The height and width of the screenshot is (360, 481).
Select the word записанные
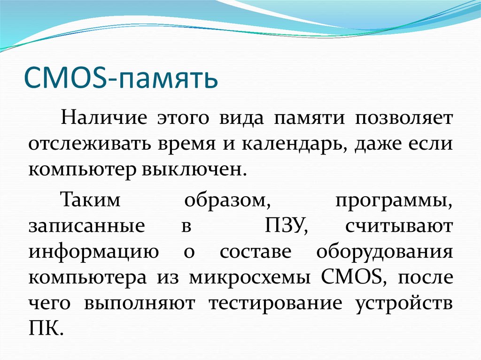tap(86, 227)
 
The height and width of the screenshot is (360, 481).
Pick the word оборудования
tap(385, 253)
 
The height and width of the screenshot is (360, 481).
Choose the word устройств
tap(404, 304)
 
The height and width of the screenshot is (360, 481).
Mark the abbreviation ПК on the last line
tap(45, 328)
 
